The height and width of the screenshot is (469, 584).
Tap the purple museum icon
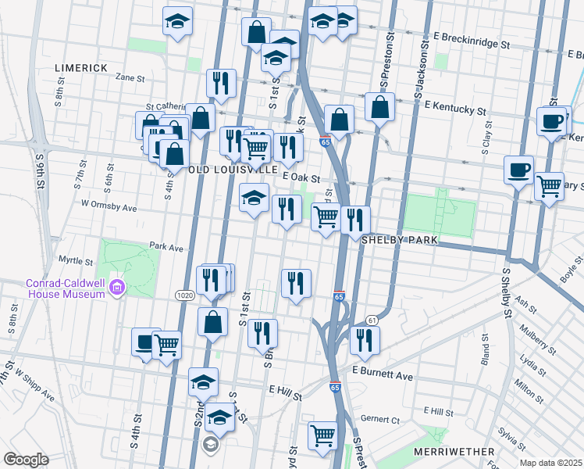tap(117, 288)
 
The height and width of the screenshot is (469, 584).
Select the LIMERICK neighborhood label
tap(81, 68)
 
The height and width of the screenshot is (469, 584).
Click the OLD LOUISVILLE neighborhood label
tap(233, 169)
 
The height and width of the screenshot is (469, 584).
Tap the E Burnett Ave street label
tap(382, 376)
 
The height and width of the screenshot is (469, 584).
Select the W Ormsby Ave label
tap(109, 209)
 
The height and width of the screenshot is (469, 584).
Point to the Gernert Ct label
tap(385, 420)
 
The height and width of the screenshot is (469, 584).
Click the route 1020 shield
tap(184, 295)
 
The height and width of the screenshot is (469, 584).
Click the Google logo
tap(27, 459)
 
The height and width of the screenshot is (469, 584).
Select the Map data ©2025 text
tap(550, 463)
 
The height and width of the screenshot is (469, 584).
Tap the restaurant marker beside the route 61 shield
tap(364, 338)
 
